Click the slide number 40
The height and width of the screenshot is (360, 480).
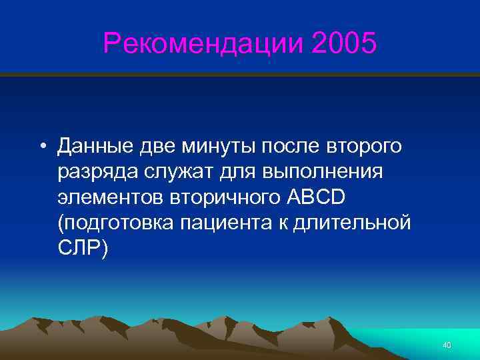tap(447, 345)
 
